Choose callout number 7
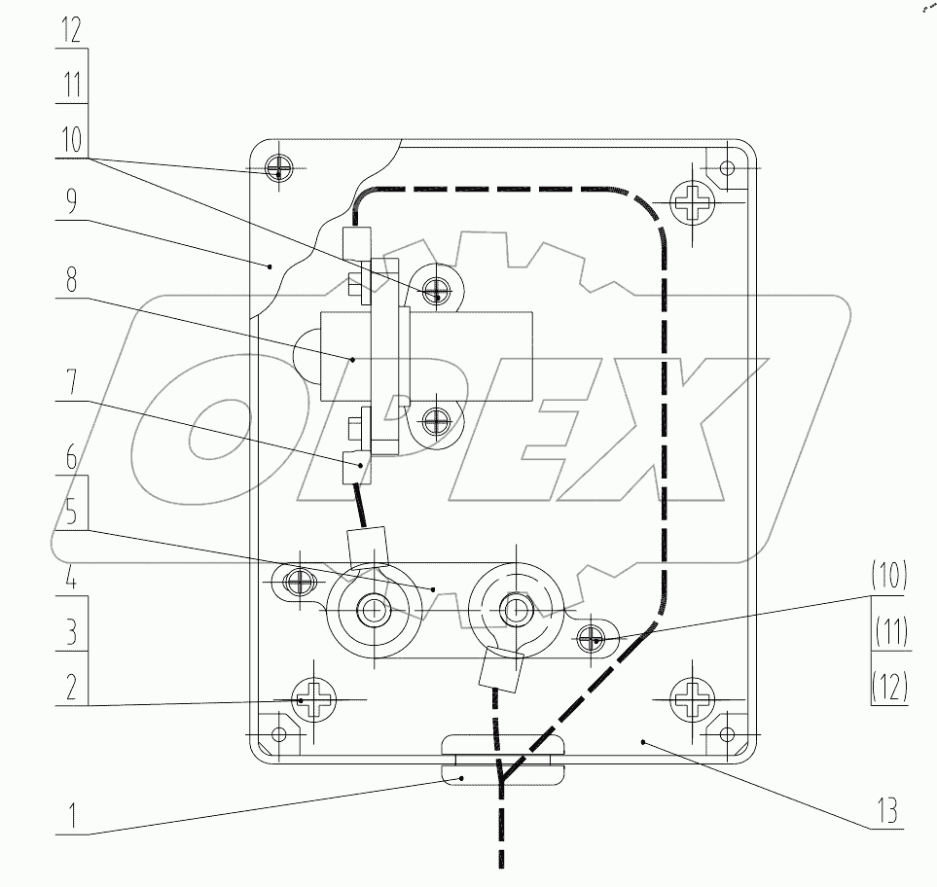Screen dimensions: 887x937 click(x=71, y=383)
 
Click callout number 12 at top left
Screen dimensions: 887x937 click(x=71, y=29)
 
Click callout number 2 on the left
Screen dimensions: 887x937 click(x=71, y=687)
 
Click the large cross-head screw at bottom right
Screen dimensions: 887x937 click(x=695, y=699)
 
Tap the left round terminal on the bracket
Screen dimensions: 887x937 click(x=373, y=611)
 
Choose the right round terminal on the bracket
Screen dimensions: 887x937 click(x=514, y=610)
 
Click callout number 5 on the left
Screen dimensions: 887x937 click(x=71, y=513)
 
